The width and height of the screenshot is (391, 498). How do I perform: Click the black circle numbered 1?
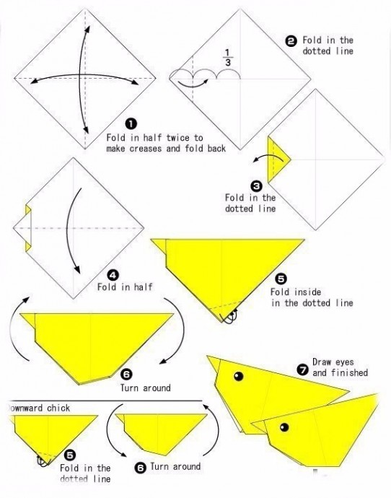[x=131, y=124]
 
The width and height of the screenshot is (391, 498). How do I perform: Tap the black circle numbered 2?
[x=291, y=41]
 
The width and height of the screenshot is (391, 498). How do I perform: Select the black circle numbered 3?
[x=256, y=185]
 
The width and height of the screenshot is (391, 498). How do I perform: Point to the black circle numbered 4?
[x=113, y=275]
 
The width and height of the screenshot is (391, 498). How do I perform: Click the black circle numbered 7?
[x=302, y=370]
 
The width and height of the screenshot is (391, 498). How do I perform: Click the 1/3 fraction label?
[x=228, y=58]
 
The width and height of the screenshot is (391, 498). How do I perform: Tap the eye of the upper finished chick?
[x=238, y=376]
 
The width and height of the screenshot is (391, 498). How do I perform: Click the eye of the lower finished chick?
[x=284, y=427]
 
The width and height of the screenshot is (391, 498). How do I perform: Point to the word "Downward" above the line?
[x=25, y=408]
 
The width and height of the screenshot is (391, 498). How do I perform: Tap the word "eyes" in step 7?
[x=345, y=362]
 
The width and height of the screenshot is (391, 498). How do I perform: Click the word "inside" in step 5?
[x=307, y=292]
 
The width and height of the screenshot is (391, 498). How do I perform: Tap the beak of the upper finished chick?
[x=214, y=364]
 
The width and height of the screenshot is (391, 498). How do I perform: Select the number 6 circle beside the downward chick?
[x=141, y=468]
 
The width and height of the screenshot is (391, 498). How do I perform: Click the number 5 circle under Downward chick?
[x=70, y=455]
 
